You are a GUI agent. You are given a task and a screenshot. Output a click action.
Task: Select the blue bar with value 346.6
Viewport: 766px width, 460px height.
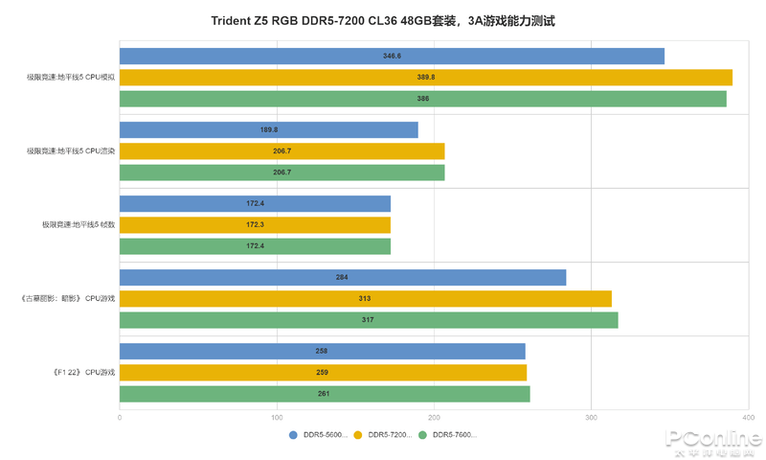392,57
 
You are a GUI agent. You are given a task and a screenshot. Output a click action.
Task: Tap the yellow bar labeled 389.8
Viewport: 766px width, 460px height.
426,78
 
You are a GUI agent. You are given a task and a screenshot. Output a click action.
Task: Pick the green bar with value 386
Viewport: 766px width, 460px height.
423,99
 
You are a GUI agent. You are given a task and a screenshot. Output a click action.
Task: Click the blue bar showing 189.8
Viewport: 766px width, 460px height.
269,130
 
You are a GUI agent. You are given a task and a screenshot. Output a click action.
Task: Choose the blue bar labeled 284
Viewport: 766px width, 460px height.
343,278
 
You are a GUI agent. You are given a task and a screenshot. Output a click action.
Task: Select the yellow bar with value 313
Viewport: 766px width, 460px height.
366,299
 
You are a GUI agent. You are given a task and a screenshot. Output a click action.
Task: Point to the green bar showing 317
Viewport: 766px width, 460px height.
369,320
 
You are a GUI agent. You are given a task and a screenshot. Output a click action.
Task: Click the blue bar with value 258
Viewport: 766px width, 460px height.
323,352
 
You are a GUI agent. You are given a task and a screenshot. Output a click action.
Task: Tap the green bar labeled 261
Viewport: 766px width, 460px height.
325,394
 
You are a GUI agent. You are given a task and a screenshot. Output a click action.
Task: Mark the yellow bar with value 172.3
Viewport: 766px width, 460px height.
255,225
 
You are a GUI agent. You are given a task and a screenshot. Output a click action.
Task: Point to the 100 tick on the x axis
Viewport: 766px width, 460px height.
277,417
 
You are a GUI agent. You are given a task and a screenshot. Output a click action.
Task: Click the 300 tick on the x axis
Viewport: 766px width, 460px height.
591,417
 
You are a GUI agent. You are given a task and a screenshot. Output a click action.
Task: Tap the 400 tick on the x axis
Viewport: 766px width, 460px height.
748,417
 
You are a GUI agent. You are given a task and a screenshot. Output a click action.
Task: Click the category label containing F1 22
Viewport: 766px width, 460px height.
85,373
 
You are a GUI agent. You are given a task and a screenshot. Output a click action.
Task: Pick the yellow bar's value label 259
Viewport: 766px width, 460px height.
322,373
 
